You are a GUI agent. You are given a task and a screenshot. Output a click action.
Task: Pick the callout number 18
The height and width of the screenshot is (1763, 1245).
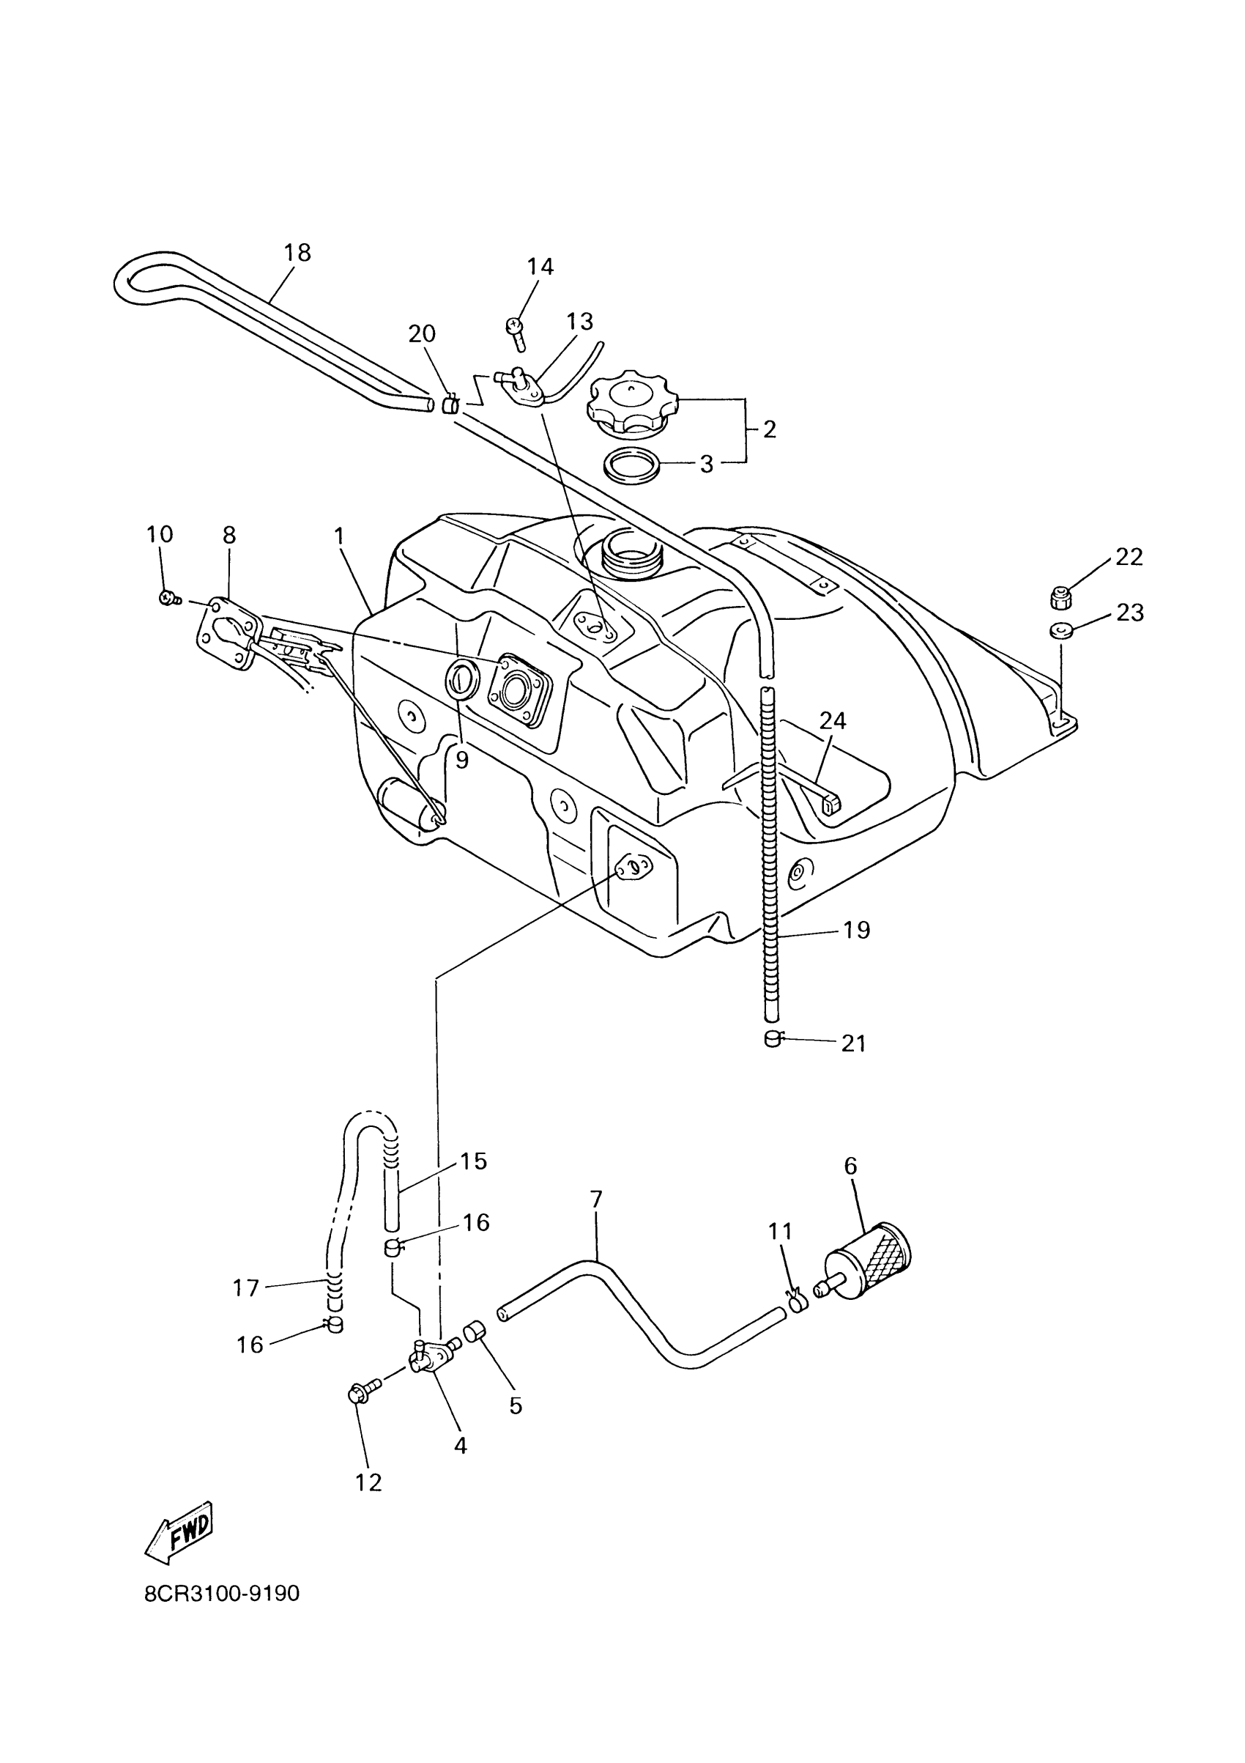(x=298, y=253)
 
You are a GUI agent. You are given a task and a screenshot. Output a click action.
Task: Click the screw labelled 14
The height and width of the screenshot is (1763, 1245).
(x=516, y=331)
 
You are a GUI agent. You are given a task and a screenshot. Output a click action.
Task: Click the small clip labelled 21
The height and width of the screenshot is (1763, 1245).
(x=773, y=1040)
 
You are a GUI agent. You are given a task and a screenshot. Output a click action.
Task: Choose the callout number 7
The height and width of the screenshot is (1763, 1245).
(x=596, y=1200)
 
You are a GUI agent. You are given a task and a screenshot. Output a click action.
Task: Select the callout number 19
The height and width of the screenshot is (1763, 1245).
(x=857, y=931)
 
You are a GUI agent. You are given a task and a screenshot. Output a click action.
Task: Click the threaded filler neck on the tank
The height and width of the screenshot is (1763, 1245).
(x=628, y=550)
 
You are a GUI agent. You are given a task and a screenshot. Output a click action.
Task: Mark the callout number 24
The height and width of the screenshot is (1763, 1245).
(x=833, y=720)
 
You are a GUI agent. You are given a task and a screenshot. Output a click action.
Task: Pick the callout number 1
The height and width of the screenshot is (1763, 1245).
(x=339, y=536)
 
